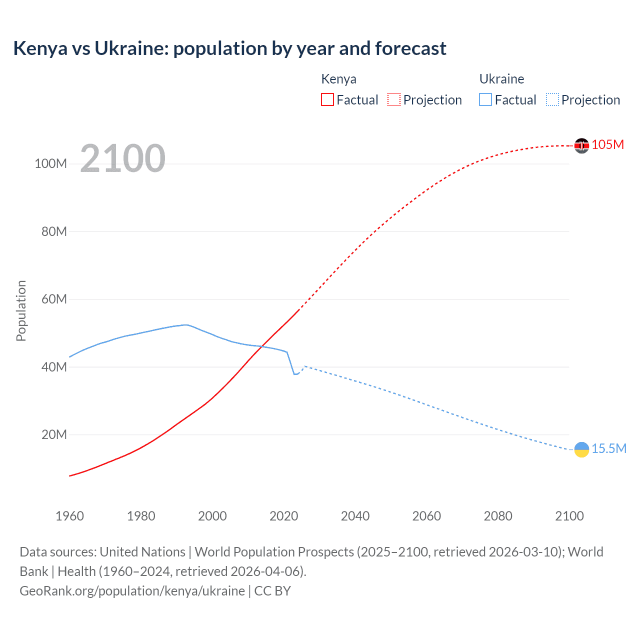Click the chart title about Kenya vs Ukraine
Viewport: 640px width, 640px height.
pyautogui.click(x=229, y=48)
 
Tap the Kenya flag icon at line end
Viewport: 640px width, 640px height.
pyautogui.click(x=581, y=145)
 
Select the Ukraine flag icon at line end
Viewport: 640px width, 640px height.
pyautogui.click(x=581, y=449)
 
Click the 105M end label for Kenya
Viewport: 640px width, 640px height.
pyautogui.click(x=608, y=144)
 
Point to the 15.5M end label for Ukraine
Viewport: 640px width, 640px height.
pyautogui.click(x=609, y=448)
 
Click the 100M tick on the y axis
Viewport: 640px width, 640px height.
pyautogui.click(x=50, y=164)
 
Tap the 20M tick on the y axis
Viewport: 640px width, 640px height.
pyautogui.click(x=53, y=434)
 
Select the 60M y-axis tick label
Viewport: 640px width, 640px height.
pyautogui.click(x=53, y=299)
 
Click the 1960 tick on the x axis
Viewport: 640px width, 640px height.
pyautogui.click(x=69, y=516)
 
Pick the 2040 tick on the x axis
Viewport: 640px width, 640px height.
pyautogui.click(x=355, y=516)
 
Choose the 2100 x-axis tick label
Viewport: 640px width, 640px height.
pyautogui.click(x=569, y=516)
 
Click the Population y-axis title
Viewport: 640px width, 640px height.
pyautogui.click(x=21, y=310)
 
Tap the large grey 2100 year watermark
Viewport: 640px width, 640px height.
pyautogui.click(x=122, y=158)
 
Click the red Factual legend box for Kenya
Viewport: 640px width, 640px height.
pyautogui.click(x=327, y=99)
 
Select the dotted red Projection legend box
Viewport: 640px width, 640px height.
pyautogui.click(x=394, y=99)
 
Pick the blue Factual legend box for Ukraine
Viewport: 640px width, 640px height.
pyautogui.click(x=485, y=99)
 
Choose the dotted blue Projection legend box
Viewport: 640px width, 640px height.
pyautogui.click(x=552, y=99)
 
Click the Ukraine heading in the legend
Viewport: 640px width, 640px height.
pyautogui.click(x=501, y=79)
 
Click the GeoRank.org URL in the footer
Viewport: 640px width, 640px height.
pyautogui.click(x=132, y=591)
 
